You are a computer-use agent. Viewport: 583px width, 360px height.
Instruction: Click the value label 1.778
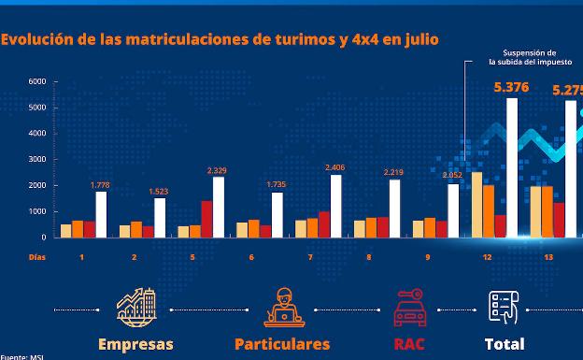coord(100,185)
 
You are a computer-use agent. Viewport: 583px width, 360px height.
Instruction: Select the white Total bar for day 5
coord(219,207)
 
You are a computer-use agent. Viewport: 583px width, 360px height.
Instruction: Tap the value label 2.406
coord(334,167)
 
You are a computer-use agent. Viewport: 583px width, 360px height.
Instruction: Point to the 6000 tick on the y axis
coord(37,81)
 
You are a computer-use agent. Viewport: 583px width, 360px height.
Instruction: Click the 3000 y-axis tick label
coord(37,159)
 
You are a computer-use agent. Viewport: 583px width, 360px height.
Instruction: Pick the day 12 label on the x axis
coord(488,256)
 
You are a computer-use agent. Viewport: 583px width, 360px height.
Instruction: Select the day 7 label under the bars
coord(310,256)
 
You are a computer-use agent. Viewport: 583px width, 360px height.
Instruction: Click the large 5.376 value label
coord(511,88)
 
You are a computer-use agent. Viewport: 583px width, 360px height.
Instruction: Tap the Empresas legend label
coord(136,344)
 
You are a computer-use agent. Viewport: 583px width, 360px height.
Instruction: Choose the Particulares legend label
coord(282,344)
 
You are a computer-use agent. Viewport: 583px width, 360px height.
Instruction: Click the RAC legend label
coord(409,344)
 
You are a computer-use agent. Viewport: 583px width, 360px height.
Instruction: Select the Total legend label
coord(504,344)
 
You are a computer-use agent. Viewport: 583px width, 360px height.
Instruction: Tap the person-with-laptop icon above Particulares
coord(281,306)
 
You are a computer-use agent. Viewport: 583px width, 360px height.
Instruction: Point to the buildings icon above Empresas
coord(136,306)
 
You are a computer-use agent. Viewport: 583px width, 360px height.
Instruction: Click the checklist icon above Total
coord(504,306)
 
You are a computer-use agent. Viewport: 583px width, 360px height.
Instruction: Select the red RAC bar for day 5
coord(206,219)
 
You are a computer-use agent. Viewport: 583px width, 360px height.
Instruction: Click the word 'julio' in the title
coord(417,39)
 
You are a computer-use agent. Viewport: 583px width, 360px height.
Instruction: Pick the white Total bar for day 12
coord(511,167)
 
